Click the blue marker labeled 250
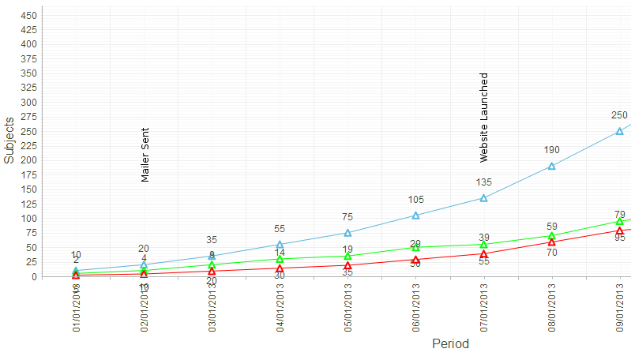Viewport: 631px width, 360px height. click(620, 131)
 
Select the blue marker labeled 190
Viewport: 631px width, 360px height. click(552, 166)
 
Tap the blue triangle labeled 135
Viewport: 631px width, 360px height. click(484, 198)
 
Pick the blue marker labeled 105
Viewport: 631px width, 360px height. click(416, 216)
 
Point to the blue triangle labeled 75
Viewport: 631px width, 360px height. click(348, 233)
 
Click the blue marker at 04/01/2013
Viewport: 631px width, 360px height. click(280, 245)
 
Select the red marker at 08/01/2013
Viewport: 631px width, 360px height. click(552, 242)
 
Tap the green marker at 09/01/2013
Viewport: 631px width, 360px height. click(620, 222)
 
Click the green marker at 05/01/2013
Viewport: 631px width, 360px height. click(348, 256)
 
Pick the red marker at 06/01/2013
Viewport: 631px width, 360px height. click(416, 259)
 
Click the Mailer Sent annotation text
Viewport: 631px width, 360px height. click(145, 155)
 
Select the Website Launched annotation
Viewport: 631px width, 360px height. click(484, 118)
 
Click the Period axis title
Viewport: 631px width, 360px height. click(450, 344)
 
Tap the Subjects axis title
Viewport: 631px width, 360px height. click(9, 140)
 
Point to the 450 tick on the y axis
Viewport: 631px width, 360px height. click(28, 15)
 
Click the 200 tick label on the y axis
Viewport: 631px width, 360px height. click(28, 160)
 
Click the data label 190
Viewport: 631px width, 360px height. click(552, 150)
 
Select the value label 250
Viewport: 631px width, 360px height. click(620, 115)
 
